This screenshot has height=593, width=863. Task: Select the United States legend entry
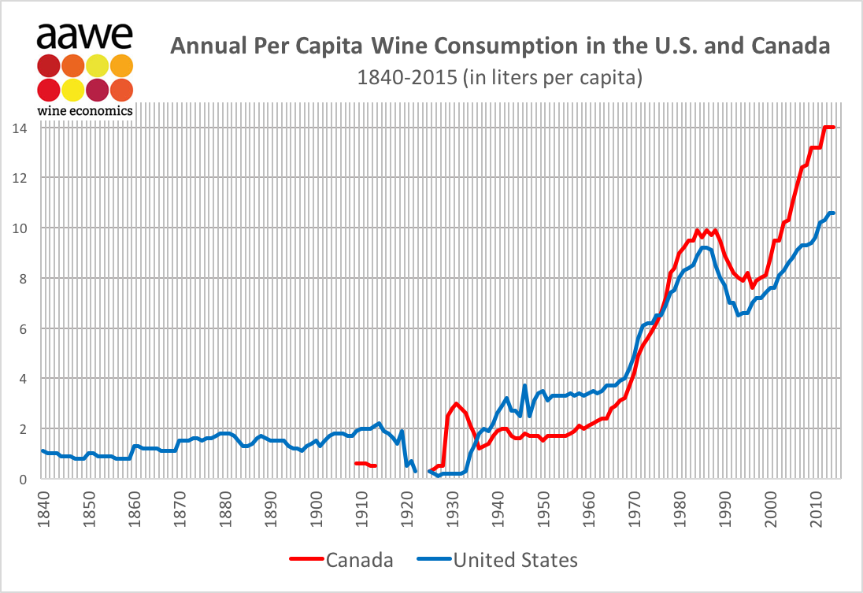pos(515,560)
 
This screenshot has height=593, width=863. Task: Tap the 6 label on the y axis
pos(22,328)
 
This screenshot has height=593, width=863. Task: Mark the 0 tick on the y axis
pos(22,479)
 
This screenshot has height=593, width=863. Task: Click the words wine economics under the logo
pos(84,110)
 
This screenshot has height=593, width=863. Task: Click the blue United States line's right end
pos(833,213)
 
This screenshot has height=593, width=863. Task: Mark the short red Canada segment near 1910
pos(365,465)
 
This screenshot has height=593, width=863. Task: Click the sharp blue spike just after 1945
pos(524,386)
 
